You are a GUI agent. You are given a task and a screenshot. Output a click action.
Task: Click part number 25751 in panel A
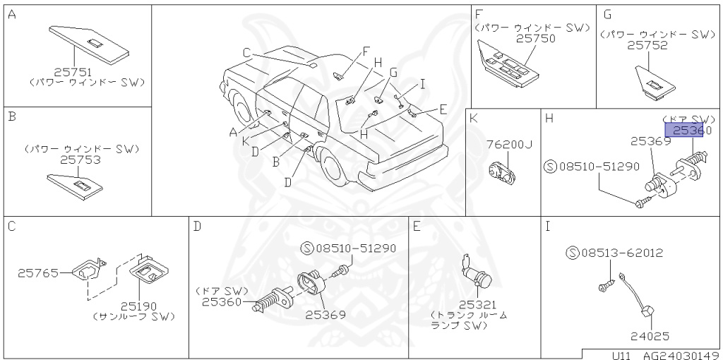pyautogui.click(x=73, y=72)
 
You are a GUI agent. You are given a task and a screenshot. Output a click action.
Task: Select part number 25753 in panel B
pyautogui.click(x=80, y=160)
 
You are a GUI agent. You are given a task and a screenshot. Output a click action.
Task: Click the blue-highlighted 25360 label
pyautogui.click(x=691, y=131)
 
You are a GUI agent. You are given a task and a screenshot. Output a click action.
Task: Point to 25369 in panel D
pyautogui.click(x=325, y=315)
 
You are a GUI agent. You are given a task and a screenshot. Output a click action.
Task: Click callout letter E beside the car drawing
pyautogui.click(x=443, y=109)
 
